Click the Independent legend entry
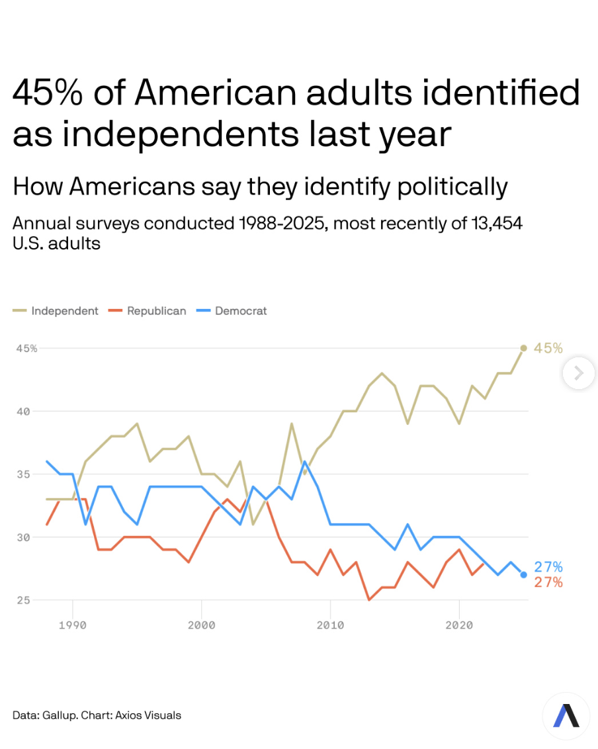[64, 311]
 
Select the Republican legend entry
[156, 311]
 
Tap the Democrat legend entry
[240, 311]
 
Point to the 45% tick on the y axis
[26, 349]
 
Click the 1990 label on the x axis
[73, 625]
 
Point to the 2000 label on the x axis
[202, 625]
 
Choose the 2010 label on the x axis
[330, 625]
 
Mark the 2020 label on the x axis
[459, 625]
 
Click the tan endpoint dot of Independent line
[523, 348]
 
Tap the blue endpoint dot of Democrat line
[523, 574]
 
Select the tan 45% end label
[548, 348]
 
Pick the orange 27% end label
[548, 582]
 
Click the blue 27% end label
[548, 567]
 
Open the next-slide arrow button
[578, 373]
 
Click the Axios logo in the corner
[566, 715]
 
